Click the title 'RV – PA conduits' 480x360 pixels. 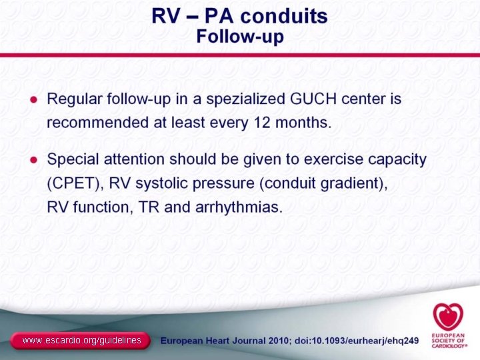point(239,16)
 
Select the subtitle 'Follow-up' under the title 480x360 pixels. point(239,36)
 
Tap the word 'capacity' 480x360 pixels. point(395,161)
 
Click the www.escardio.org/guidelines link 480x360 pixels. point(81,341)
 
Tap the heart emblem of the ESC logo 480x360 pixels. point(446,316)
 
